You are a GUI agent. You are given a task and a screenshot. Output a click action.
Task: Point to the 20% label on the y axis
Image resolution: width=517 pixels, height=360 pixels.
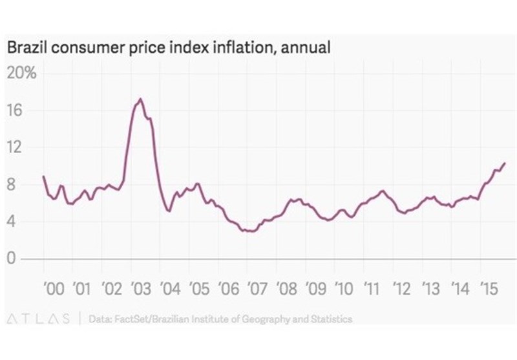pyautogui.click(x=22, y=73)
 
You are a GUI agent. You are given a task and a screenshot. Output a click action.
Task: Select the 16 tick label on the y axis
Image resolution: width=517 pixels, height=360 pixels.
pyautogui.click(x=15, y=111)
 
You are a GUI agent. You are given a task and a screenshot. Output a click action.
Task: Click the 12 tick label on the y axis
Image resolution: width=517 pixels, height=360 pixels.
pyautogui.click(x=15, y=148)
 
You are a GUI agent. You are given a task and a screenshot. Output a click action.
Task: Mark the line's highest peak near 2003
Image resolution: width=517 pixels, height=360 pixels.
pyautogui.click(x=140, y=99)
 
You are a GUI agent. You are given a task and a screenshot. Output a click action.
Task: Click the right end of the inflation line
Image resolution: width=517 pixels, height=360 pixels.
pyautogui.click(x=504, y=163)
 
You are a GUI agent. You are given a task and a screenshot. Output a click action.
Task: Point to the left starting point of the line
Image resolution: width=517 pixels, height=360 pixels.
pyautogui.click(x=43, y=176)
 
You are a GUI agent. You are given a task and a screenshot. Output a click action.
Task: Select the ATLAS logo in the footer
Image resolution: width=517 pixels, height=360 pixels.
pyautogui.click(x=39, y=319)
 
